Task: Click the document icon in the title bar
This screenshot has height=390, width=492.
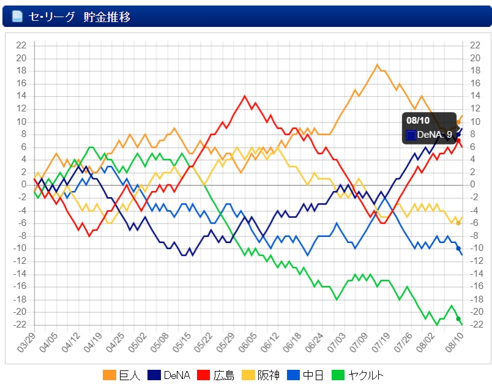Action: (x=17, y=16)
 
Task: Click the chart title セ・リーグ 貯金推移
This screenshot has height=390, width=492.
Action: (x=80, y=16)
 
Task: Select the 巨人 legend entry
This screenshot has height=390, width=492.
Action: (x=122, y=375)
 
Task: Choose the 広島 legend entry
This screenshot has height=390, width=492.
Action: (x=217, y=375)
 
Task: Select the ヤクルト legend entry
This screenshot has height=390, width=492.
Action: (x=360, y=375)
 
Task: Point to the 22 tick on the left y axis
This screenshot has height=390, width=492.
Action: (x=21, y=45)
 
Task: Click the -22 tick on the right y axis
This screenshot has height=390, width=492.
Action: (x=475, y=324)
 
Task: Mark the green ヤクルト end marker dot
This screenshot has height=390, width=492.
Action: (x=458, y=318)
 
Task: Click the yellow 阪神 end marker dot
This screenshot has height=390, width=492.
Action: (x=458, y=223)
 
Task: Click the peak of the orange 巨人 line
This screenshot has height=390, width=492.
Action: (x=377, y=64)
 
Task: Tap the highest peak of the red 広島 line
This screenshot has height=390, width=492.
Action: (x=245, y=96)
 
